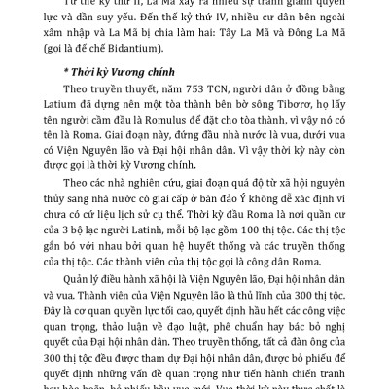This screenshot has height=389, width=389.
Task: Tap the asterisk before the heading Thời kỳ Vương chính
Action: click(54, 99)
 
